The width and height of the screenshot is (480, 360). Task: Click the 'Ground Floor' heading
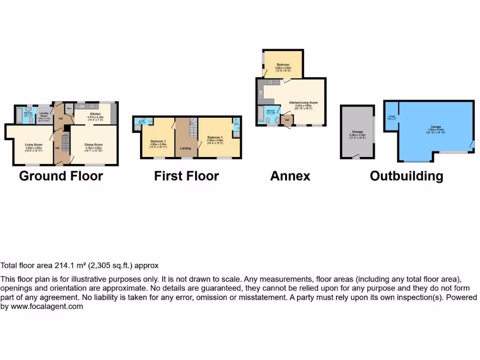(x=61, y=176)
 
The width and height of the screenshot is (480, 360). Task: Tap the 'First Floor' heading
(x=187, y=176)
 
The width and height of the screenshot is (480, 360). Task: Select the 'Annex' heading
(x=290, y=176)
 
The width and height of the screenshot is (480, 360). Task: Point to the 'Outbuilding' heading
(x=406, y=176)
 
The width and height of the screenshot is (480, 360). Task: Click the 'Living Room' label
(x=34, y=144)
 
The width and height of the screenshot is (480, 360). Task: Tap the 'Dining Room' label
(x=93, y=144)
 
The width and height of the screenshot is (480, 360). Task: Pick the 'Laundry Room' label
(x=45, y=114)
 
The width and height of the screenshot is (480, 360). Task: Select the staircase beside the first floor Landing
(x=193, y=128)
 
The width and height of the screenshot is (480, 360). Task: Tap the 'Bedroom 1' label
(x=215, y=137)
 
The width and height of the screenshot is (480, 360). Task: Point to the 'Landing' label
(x=186, y=148)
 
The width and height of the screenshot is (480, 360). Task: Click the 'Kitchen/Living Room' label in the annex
(x=303, y=102)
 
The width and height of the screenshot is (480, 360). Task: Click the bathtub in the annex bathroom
(x=260, y=113)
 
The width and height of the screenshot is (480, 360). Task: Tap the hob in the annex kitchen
(x=270, y=82)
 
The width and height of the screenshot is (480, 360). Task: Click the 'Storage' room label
(x=358, y=132)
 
